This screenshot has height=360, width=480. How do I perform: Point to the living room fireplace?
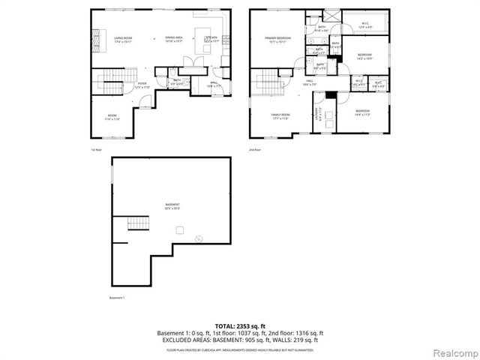tap(95, 38)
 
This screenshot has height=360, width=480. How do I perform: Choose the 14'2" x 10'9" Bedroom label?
tap(365, 57)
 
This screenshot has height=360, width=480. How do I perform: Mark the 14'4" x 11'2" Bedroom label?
tap(363, 112)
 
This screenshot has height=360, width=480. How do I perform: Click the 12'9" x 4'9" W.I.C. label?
tap(364, 24)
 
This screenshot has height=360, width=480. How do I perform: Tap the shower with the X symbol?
tap(331, 14)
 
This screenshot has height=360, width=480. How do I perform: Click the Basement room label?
tap(173, 206)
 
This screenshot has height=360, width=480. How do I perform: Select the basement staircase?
tap(136, 223)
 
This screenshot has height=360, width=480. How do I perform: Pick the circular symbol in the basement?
tap(199, 239)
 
